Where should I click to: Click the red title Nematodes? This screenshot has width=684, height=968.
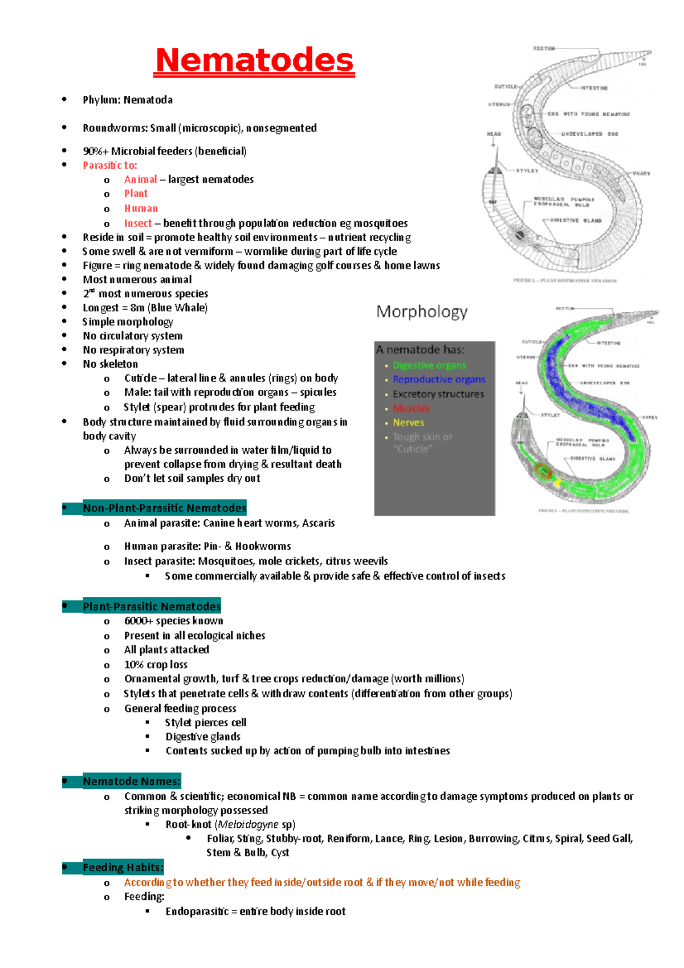254,60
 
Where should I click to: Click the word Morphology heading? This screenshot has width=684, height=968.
422,312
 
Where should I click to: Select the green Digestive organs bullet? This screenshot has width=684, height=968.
429,365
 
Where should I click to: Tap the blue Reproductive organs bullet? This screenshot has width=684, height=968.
439,380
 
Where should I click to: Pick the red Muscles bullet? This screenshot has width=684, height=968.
411,408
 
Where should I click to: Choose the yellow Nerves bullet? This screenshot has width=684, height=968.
408,422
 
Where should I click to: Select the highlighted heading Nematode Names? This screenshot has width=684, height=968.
132,782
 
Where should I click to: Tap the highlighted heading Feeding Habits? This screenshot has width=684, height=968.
123,868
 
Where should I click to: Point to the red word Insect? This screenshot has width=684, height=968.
138,223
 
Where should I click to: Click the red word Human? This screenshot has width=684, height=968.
141,209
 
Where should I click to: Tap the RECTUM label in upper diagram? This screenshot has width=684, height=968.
544,49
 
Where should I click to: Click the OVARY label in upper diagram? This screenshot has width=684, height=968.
641,173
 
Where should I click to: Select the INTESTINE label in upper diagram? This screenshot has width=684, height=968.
594,88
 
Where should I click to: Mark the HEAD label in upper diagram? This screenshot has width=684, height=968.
494,134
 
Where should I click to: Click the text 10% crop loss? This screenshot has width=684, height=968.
156,665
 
